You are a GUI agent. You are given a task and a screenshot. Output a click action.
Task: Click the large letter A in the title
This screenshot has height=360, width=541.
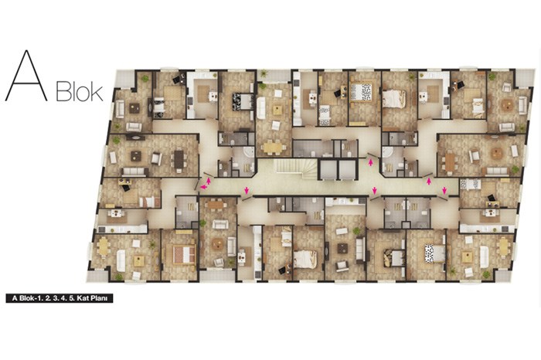tap(26, 76)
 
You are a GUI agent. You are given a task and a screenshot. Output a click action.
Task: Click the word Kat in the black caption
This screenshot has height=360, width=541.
tap(83, 298)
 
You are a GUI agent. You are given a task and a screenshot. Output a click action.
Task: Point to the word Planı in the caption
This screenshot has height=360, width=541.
tap(100, 298)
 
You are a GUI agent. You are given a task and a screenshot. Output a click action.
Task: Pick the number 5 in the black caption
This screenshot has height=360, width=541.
tap(72, 298)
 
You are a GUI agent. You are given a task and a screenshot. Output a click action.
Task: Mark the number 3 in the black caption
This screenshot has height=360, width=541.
tap(55, 298)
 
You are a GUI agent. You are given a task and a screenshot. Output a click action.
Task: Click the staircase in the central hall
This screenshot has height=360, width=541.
tap(295, 168)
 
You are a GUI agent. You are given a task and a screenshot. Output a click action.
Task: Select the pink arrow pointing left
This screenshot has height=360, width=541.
tap(204, 187)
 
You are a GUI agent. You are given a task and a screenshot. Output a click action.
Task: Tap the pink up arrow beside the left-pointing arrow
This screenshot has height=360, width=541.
tap(209, 180)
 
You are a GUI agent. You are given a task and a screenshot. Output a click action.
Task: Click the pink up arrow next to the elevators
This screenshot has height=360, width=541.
tap(371, 162)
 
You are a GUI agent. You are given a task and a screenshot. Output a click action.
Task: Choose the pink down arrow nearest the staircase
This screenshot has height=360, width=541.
tap(247, 190)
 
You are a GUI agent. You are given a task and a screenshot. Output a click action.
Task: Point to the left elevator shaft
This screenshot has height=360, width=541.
tap(328, 170)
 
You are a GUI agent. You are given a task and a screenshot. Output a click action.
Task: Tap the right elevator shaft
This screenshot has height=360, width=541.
tap(347, 170)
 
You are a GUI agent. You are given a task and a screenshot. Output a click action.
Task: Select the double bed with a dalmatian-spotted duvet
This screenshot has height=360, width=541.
tap(362, 91)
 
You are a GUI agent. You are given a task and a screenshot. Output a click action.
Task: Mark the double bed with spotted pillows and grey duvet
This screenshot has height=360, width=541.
tap(433, 253)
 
